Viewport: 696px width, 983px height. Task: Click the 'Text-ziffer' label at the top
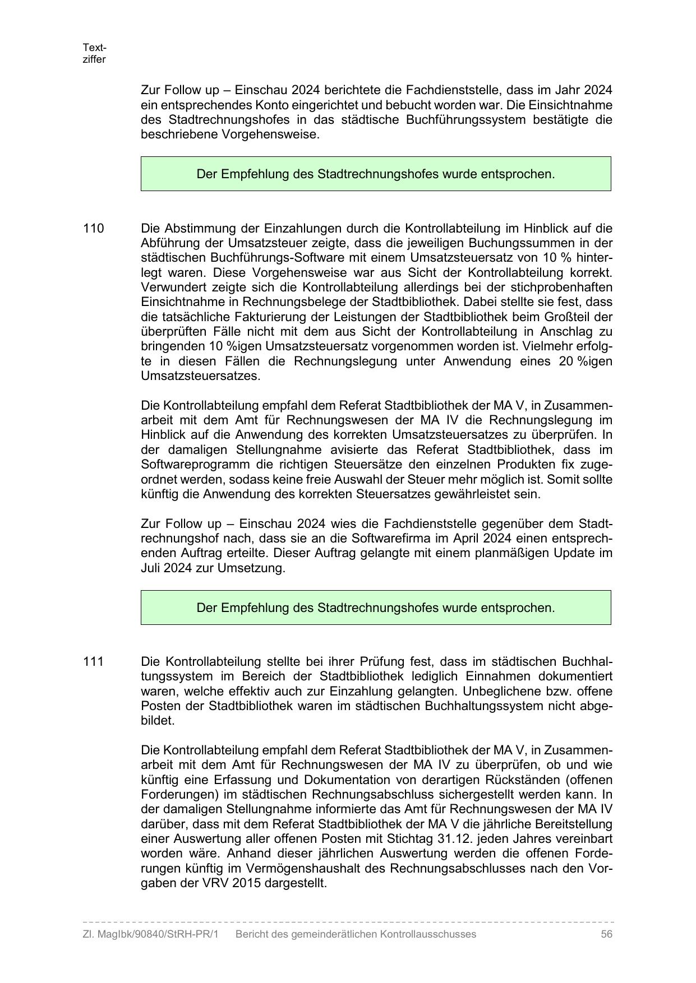[94, 53]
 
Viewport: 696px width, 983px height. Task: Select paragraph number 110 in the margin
[93, 229]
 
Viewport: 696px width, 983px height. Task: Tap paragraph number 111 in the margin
[93, 661]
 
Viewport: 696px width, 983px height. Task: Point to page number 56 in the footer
[606, 934]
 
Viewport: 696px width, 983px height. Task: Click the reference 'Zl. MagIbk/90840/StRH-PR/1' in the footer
[150, 934]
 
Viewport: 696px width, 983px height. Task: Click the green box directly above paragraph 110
[376, 174]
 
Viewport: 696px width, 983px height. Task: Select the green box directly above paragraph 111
[376, 608]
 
